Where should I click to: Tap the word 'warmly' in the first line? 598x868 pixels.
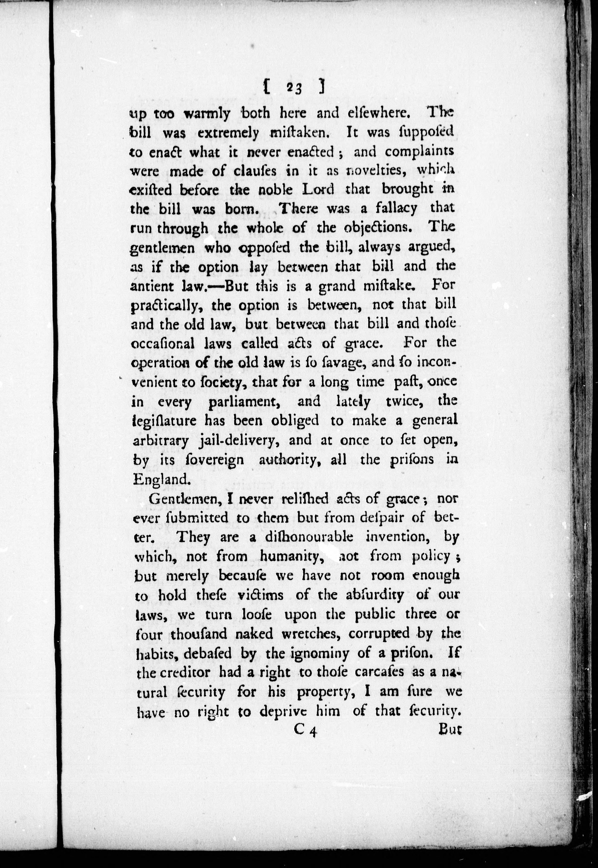(207, 113)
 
